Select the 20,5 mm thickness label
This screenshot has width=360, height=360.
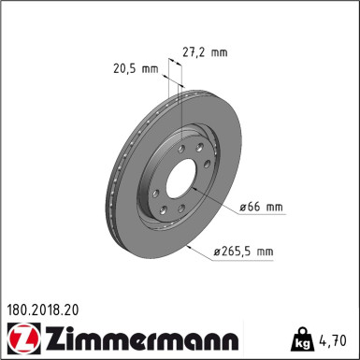tap(131, 68)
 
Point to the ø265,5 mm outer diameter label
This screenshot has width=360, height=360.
tap(242, 251)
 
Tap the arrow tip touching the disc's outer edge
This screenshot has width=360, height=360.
tap(189, 245)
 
